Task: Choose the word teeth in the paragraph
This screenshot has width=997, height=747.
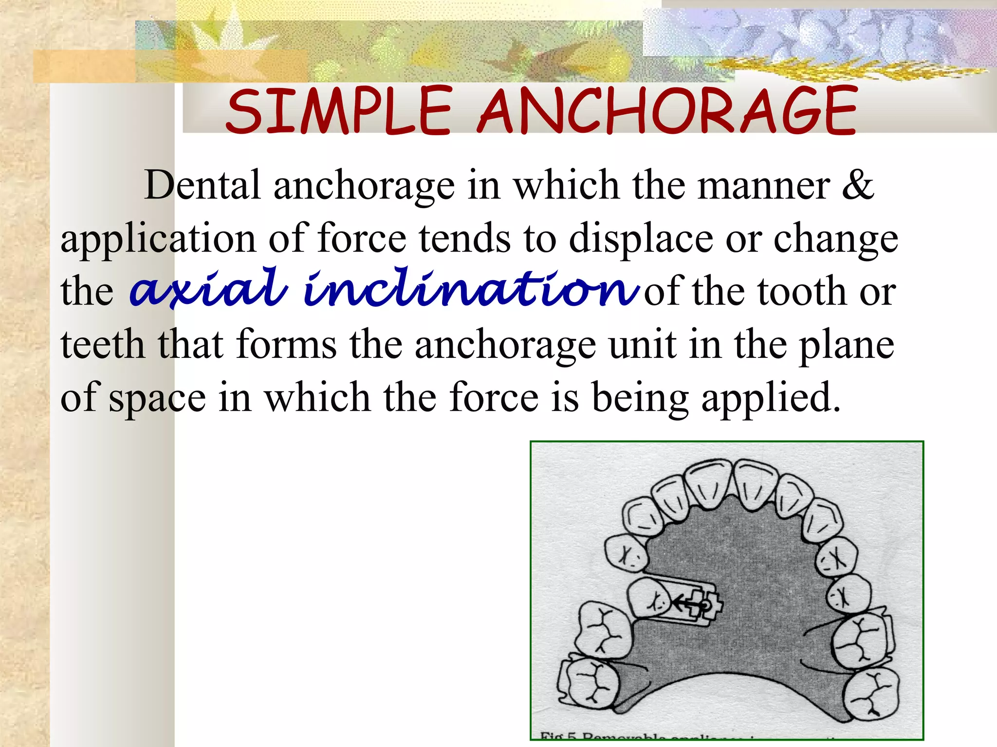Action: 102,344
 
